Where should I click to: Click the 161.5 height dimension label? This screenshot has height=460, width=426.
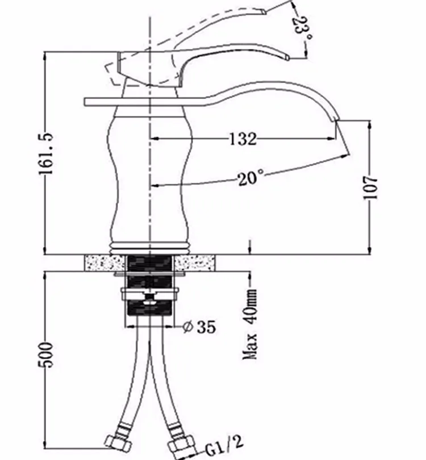46,153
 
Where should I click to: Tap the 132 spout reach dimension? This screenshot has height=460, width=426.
243,139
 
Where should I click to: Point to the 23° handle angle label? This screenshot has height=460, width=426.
303,29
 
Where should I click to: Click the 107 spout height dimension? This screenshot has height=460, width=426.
370,188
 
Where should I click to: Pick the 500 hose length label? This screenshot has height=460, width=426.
46,354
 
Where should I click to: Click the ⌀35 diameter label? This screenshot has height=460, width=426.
199,327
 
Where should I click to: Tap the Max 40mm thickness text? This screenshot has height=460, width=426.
250,324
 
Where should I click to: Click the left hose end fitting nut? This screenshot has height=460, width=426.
118,442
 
